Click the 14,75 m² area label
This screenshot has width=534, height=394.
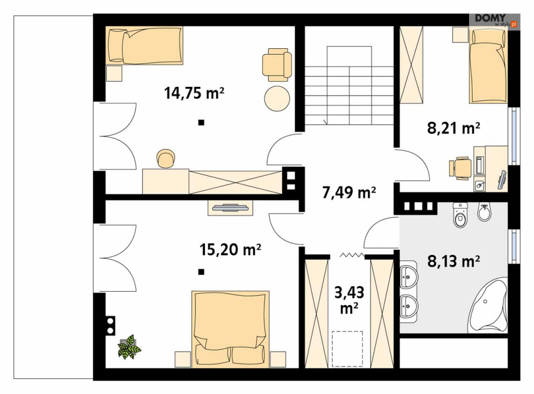[x=194, y=93]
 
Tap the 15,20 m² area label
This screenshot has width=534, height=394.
[x=230, y=250]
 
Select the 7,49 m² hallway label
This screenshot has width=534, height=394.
[x=349, y=192]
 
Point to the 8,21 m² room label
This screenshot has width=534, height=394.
[x=453, y=128]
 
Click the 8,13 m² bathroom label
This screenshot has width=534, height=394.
[x=453, y=261]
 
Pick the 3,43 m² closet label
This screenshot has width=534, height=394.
[x=349, y=300]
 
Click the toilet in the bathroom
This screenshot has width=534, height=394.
[x=460, y=215]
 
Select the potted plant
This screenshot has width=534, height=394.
[x=129, y=347]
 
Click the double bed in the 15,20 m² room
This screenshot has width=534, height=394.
[x=231, y=329]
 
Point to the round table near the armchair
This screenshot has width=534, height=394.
[x=277, y=98]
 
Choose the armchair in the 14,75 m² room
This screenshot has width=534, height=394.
[x=277, y=65]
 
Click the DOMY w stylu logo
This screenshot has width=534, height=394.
[x=494, y=21]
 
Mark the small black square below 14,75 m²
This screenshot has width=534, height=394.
[x=201, y=122]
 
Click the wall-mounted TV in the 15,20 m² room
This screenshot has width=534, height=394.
[x=230, y=207]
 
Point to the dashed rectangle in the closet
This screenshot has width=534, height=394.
[x=347, y=349]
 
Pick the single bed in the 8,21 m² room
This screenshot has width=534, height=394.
[x=488, y=66]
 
